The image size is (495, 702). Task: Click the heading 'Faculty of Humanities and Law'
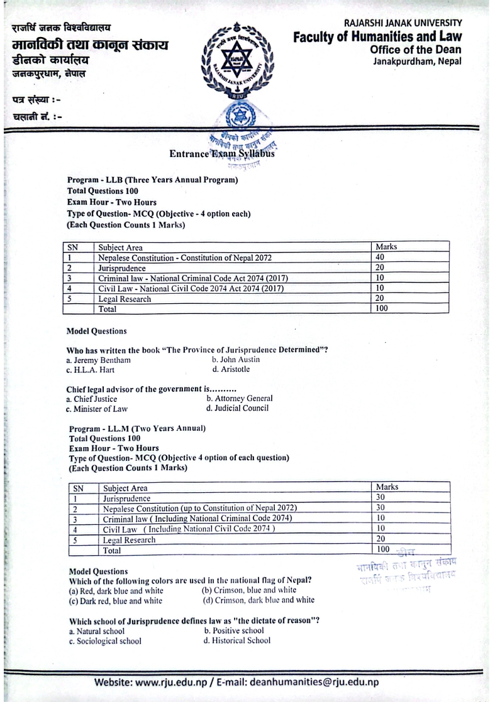377,38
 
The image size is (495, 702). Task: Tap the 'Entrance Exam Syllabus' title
221,154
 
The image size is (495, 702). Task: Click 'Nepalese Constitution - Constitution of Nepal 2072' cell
186,257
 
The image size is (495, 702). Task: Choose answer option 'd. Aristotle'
231,369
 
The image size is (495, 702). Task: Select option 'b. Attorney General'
239,399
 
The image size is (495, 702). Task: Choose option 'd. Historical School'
237,640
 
